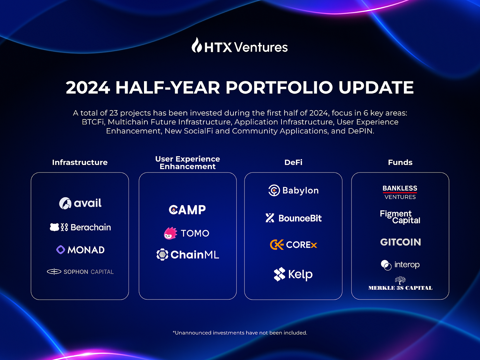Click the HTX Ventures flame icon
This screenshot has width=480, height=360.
(x=196, y=45)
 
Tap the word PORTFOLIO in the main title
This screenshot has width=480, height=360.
(x=279, y=87)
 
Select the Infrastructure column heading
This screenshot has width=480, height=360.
(x=80, y=163)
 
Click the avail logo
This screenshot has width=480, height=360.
(x=80, y=203)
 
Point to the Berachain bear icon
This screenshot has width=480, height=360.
(x=55, y=227)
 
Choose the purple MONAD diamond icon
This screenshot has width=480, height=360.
(x=61, y=250)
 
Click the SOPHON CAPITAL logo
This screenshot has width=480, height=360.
(x=80, y=272)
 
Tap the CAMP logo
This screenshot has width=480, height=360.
(x=187, y=209)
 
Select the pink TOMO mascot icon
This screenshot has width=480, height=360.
(x=170, y=233)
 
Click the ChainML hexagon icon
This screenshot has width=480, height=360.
(x=162, y=254)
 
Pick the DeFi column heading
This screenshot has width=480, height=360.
(x=293, y=163)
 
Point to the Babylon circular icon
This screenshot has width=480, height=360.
(x=274, y=190)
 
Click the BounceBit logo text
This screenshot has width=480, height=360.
(x=300, y=218)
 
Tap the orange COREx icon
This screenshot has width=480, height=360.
(x=276, y=244)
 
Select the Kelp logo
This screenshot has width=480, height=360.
(x=293, y=274)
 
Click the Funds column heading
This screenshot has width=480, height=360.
(x=400, y=163)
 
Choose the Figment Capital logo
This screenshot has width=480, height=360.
(x=400, y=217)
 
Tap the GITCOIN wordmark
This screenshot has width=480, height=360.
(x=400, y=242)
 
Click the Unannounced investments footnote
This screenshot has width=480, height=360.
(x=240, y=333)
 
